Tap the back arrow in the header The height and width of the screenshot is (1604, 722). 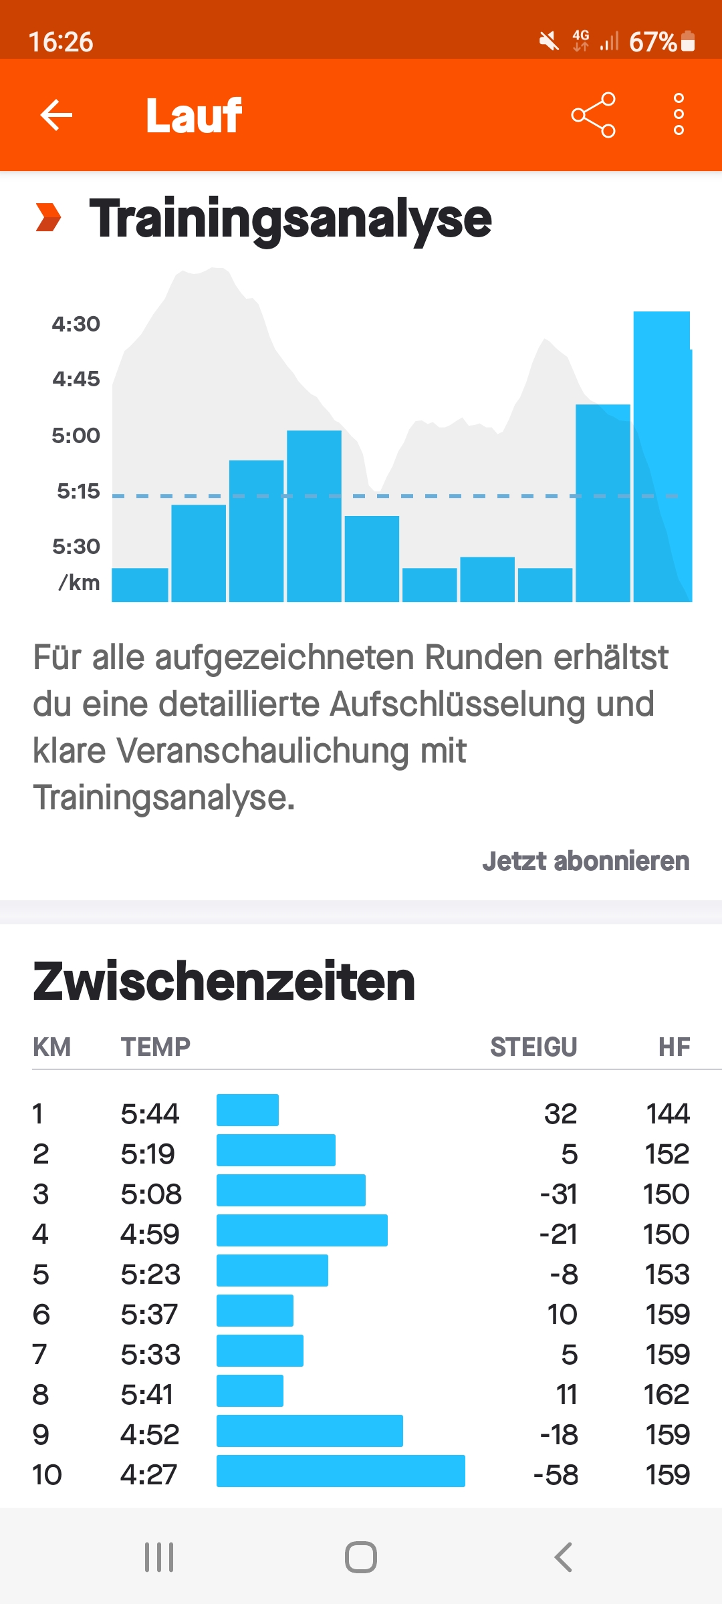(x=56, y=115)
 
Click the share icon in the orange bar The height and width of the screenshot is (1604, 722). (x=593, y=115)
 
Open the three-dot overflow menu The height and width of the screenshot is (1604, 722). (x=679, y=115)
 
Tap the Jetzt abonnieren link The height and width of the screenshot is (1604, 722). (x=586, y=861)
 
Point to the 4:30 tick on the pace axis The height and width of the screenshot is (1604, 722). (x=76, y=324)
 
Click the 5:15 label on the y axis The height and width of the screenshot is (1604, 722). (x=78, y=491)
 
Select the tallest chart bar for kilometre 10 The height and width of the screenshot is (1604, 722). (x=662, y=456)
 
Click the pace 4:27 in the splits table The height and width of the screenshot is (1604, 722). (x=148, y=1474)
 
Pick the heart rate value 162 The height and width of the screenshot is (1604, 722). (x=666, y=1394)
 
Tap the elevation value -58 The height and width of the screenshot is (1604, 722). (x=556, y=1474)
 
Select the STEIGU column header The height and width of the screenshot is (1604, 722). (x=533, y=1047)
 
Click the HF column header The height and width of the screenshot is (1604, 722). (x=674, y=1047)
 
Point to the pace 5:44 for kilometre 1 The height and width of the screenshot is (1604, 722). (x=150, y=1113)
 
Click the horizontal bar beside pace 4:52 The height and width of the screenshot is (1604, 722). (x=310, y=1431)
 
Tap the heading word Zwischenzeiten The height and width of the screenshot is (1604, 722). (x=224, y=981)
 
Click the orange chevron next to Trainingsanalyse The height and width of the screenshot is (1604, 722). (x=48, y=218)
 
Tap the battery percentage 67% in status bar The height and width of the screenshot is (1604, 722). (x=652, y=42)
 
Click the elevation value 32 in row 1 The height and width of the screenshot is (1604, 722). (x=560, y=1113)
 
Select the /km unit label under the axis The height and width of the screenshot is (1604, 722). (x=80, y=583)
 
